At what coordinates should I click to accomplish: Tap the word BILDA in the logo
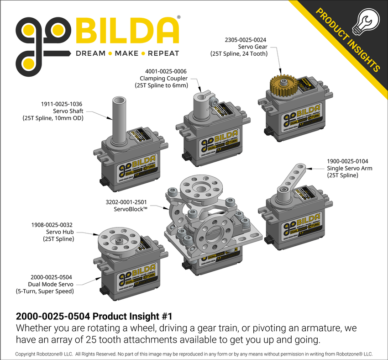[x=126, y=32]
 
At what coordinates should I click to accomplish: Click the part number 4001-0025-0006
[x=166, y=71]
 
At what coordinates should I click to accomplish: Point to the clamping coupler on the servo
[x=204, y=106]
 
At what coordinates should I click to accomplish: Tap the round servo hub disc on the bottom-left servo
[x=119, y=239]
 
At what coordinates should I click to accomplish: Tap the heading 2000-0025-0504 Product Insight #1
[x=94, y=316]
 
